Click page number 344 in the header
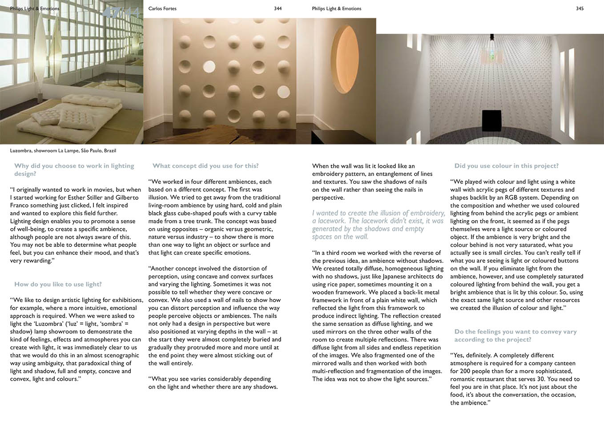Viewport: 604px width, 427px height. [278, 8]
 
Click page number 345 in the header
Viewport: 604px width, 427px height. [580, 8]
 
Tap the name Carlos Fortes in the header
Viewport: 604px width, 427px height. [162, 8]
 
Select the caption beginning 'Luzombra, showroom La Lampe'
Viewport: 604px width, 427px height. [63, 151]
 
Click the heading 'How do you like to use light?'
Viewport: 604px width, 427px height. [58, 284]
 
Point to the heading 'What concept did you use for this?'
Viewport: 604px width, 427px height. [205, 166]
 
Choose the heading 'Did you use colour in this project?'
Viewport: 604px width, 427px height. [506, 166]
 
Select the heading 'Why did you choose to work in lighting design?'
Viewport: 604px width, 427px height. [74, 169]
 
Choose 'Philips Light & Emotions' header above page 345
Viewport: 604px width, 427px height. [337, 8]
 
